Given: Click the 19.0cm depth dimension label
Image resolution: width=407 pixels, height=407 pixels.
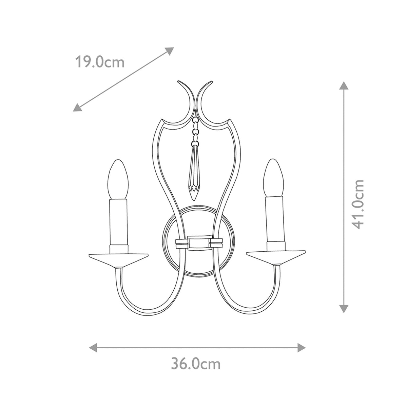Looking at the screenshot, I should [99, 62].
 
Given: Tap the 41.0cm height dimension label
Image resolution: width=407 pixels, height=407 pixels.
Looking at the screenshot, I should [357, 204].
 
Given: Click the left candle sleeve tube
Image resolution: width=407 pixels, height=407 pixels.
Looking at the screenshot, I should [118, 222].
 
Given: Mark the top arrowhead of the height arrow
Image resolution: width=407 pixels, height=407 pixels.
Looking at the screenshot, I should [344, 85].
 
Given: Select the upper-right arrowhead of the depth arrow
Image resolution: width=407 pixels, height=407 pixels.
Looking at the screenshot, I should [170, 51].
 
